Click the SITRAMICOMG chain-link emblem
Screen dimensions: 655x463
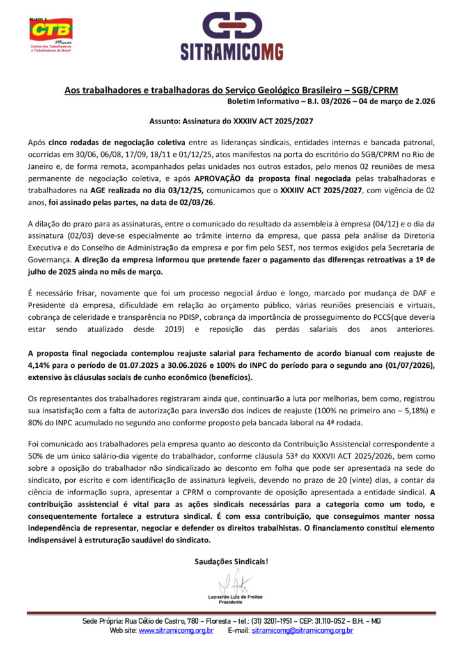pyautogui.click(x=231, y=26)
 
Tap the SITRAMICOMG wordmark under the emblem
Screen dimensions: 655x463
pyautogui.click(x=231, y=52)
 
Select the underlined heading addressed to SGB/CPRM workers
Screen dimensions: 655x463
pyautogui.click(x=231, y=91)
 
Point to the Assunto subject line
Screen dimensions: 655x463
pyautogui.click(x=231, y=120)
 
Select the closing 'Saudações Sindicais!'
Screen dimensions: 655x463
pyautogui.click(x=231, y=562)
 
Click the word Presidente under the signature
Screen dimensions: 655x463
pyautogui.click(x=231, y=602)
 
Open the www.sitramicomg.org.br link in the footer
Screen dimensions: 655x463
pyautogui.click(x=176, y=631)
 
